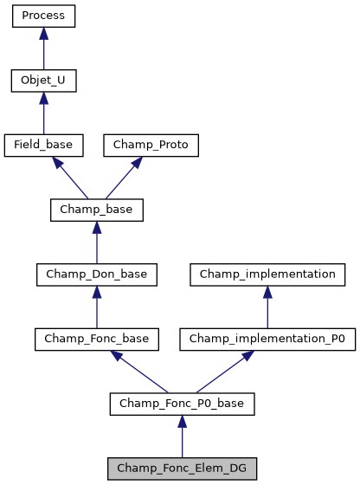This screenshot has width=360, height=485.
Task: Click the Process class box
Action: [43, 16]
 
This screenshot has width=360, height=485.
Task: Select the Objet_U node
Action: [43, 81]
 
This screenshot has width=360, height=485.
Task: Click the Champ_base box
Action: [96, 210]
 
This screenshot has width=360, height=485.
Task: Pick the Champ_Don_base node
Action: [96, 275]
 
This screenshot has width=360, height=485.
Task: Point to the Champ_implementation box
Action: [267, 275]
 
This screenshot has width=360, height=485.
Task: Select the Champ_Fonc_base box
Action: [96, 339]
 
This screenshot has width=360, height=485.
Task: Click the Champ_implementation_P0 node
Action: [267, 339]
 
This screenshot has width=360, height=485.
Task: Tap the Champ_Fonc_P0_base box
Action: [182, 404]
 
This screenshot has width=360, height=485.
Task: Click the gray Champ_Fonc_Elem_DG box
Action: [182, 469]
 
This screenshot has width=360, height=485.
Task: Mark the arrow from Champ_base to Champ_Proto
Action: [124, 178]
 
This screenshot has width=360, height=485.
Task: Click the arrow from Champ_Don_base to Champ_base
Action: [96, 242]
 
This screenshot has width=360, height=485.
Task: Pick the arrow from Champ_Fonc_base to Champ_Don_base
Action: [96, 307]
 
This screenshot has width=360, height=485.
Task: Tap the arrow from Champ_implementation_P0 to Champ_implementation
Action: [267, 307]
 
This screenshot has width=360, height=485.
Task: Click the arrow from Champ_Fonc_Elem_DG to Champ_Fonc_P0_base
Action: [182, 436]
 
